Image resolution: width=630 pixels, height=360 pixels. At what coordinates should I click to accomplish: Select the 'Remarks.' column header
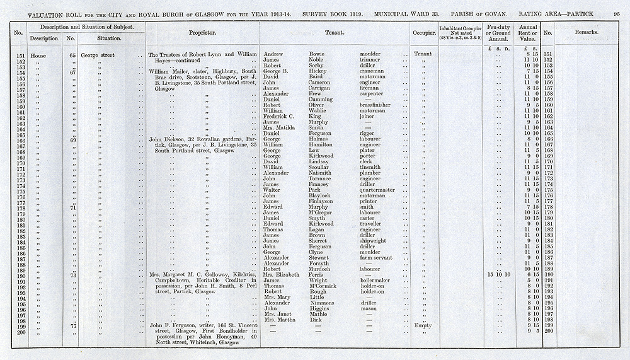pos(586,31)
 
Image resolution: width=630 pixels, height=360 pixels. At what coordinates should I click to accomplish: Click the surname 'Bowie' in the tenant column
pos(317,55)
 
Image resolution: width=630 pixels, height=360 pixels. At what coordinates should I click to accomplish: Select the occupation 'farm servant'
pos(376,257)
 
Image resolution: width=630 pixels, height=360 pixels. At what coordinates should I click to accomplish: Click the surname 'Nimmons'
pos(321,303)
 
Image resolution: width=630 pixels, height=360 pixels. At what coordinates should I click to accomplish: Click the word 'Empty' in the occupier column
pos(423,325)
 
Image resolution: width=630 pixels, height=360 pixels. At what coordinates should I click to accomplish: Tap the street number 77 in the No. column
pos(72,325)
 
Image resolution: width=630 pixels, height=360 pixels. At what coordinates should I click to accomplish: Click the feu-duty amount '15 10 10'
pos(499,274)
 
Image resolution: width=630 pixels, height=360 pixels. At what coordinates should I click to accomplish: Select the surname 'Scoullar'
pos(321,167)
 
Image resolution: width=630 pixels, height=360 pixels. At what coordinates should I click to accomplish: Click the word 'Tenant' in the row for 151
pos(423,55)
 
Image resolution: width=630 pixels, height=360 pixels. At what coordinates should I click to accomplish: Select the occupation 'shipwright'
pos(373,240)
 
